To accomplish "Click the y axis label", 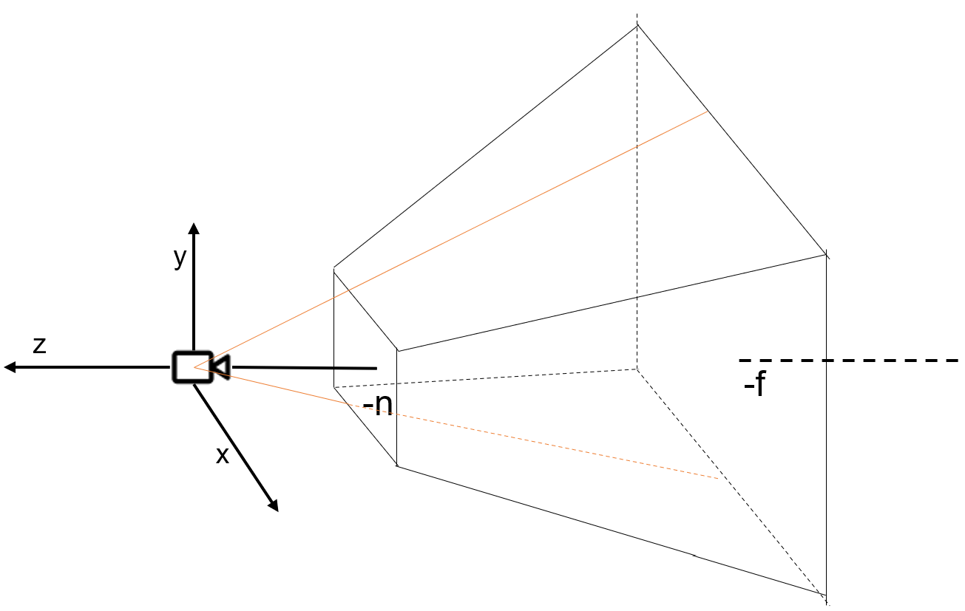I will pos(180,258).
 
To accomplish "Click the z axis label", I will pos(39,345).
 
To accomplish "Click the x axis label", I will pos(222,456).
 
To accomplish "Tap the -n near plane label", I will pos(378,405).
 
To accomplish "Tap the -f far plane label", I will pos(754,386).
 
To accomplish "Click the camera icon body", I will pos(192,366).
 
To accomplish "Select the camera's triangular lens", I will pos(220,366).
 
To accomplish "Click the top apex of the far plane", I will pos(637,26).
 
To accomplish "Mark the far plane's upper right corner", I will pos(825,255).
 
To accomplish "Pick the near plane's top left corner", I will pos(334,269).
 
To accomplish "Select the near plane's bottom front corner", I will pos(398,466).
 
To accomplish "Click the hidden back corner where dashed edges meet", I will pos(637,369).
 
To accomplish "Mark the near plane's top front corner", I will pos(398,351).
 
